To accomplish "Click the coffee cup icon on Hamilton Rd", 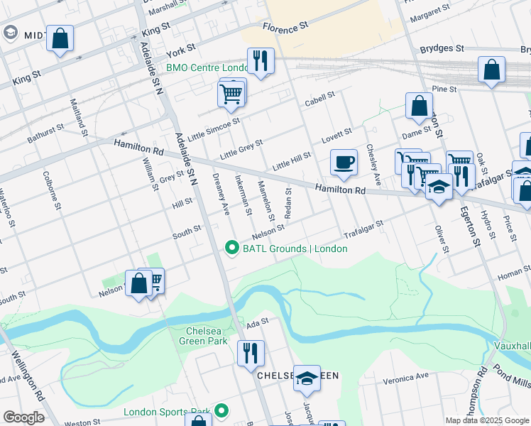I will pos(344,163).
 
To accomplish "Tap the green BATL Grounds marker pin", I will pos(231,248).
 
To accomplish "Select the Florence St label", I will pos(285,26).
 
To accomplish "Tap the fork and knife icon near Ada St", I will pos(250,353).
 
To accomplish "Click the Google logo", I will pos(24,417).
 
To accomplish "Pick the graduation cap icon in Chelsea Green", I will pos(307,378).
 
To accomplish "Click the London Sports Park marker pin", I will pos(222,410).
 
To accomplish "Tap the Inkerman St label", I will pos(243,194).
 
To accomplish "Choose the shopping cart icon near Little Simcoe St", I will pos(231,94).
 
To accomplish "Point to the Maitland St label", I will pos(78,118).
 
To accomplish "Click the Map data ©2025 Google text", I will pos(487,420).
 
